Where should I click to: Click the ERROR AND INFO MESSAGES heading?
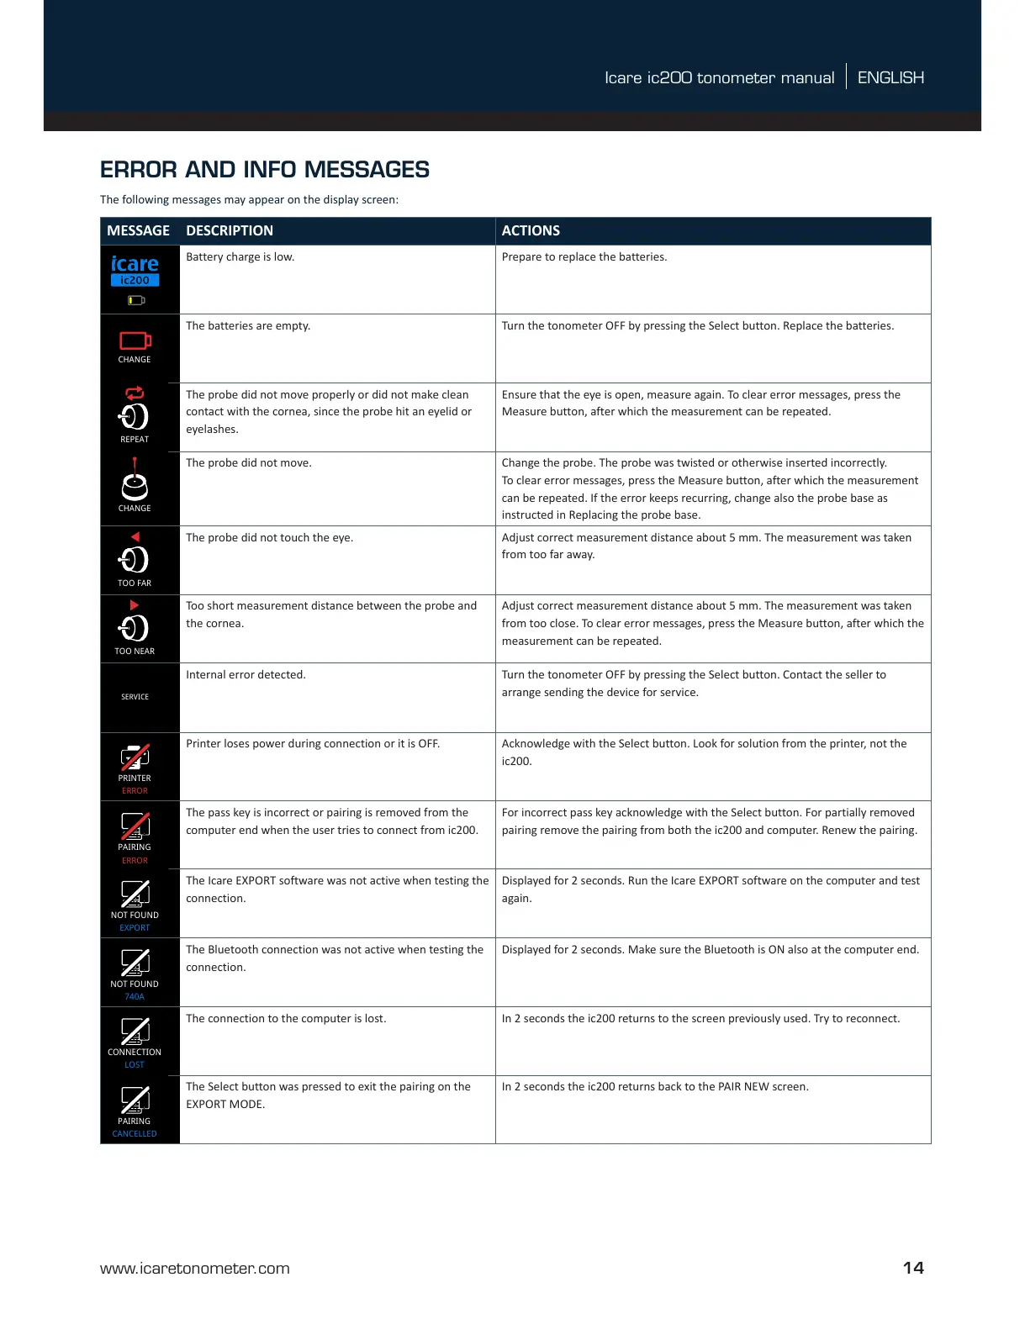tap(264, 170)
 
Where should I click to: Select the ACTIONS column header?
tap(531, 230)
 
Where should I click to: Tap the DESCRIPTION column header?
tap(229, 230)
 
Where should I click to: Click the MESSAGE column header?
tap(138, 230)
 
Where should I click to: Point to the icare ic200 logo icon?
tap(135, 271)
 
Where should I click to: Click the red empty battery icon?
tap(135, 340)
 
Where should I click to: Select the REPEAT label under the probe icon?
tap(135, 439)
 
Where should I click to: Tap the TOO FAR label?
tap(135, 583)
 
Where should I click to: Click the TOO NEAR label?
tap(135, 651)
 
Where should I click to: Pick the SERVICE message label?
tap(135, 697)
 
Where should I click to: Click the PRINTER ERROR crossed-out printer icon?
tap(135, 757)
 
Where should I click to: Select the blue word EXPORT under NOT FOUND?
tap(135, 927)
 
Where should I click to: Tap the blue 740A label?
tap(135, 996)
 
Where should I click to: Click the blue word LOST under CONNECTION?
tap(135, 1064)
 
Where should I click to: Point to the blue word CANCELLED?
tap(135, 1133)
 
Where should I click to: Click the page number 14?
tap(913, 1268)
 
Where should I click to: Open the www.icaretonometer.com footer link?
tap(194, 1269)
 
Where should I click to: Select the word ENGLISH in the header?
tap(890, 77)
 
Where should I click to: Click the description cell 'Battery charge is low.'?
tap(240, 257)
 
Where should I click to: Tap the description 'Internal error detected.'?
tap(246, 674)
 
